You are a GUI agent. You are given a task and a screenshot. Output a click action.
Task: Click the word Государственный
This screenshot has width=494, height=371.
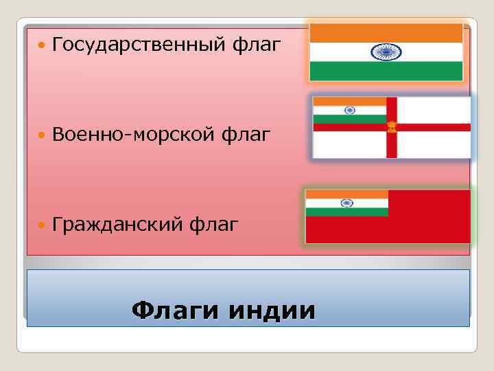click(x=138, y=45)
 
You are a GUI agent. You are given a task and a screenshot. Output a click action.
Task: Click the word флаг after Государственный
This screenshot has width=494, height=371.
click(x=257, y=45)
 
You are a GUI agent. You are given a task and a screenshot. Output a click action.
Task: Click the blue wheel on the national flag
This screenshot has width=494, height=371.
click(x=386, y=52)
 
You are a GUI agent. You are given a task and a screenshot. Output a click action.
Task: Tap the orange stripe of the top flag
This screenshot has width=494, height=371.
click(x=386, y=33)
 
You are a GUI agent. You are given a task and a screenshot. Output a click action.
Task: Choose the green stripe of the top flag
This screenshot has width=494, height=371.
click(x=386, y=71)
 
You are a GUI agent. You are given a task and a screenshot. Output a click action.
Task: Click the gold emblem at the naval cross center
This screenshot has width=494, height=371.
click(x=392, y=127)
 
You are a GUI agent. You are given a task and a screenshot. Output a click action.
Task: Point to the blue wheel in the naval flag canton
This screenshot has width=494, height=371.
click(x=349, y=110)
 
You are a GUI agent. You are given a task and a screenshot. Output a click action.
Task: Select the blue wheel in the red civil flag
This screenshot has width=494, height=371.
click(x=346, y=203)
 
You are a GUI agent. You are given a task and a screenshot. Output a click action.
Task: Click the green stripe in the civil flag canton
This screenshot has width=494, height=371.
click(x=346, y=212)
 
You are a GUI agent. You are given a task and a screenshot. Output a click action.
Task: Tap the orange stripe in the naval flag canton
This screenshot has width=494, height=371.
click(x=349, y=101)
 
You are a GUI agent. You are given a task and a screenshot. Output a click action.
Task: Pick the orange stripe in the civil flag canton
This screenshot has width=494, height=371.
click(x=346, y=194)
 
